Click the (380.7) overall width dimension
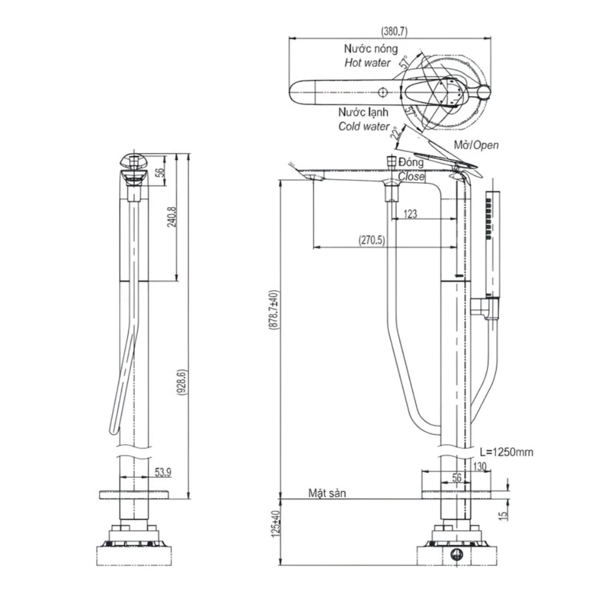(x=390, y=31)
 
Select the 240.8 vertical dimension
(x=172, y=217)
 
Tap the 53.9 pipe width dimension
(x=162, y=472)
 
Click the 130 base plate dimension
(x=480, y=466)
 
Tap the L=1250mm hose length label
(x=506, y=452)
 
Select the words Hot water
(x=367, y=63)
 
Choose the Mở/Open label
(x=476, y=145)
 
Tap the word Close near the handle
(x=412, y=177)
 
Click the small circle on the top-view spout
(x=382, y=92)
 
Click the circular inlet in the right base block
(x=456, y=554)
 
